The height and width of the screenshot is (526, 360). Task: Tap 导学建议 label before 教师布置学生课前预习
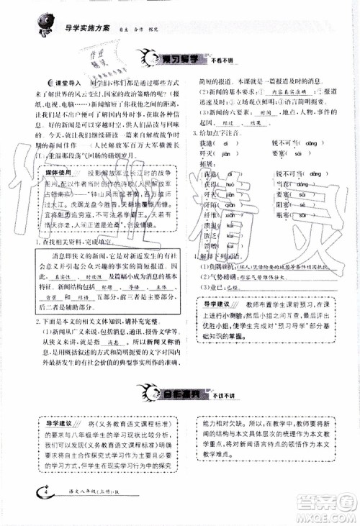215,306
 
